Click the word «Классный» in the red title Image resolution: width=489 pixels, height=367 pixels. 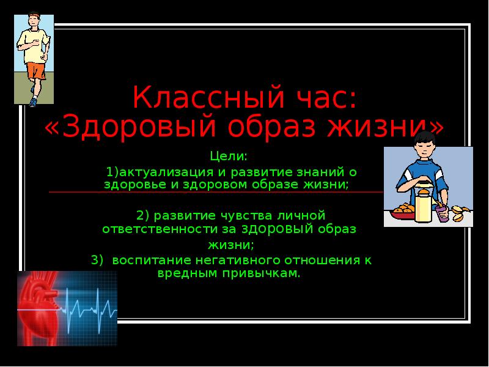pyautogui.click(x=208, y=97)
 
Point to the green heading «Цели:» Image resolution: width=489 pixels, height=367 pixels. pyautogui.click(x=229, y=156)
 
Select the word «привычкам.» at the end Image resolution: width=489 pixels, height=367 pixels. pyautogui.click(x=262, y=273)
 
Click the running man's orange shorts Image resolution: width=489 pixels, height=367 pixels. pyautogui.click(x=36, y=70)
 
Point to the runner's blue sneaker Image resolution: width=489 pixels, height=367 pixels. pyautogui.click(x=33, y=102)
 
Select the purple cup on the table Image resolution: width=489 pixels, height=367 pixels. pyautogui.click(x=442, y=213)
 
